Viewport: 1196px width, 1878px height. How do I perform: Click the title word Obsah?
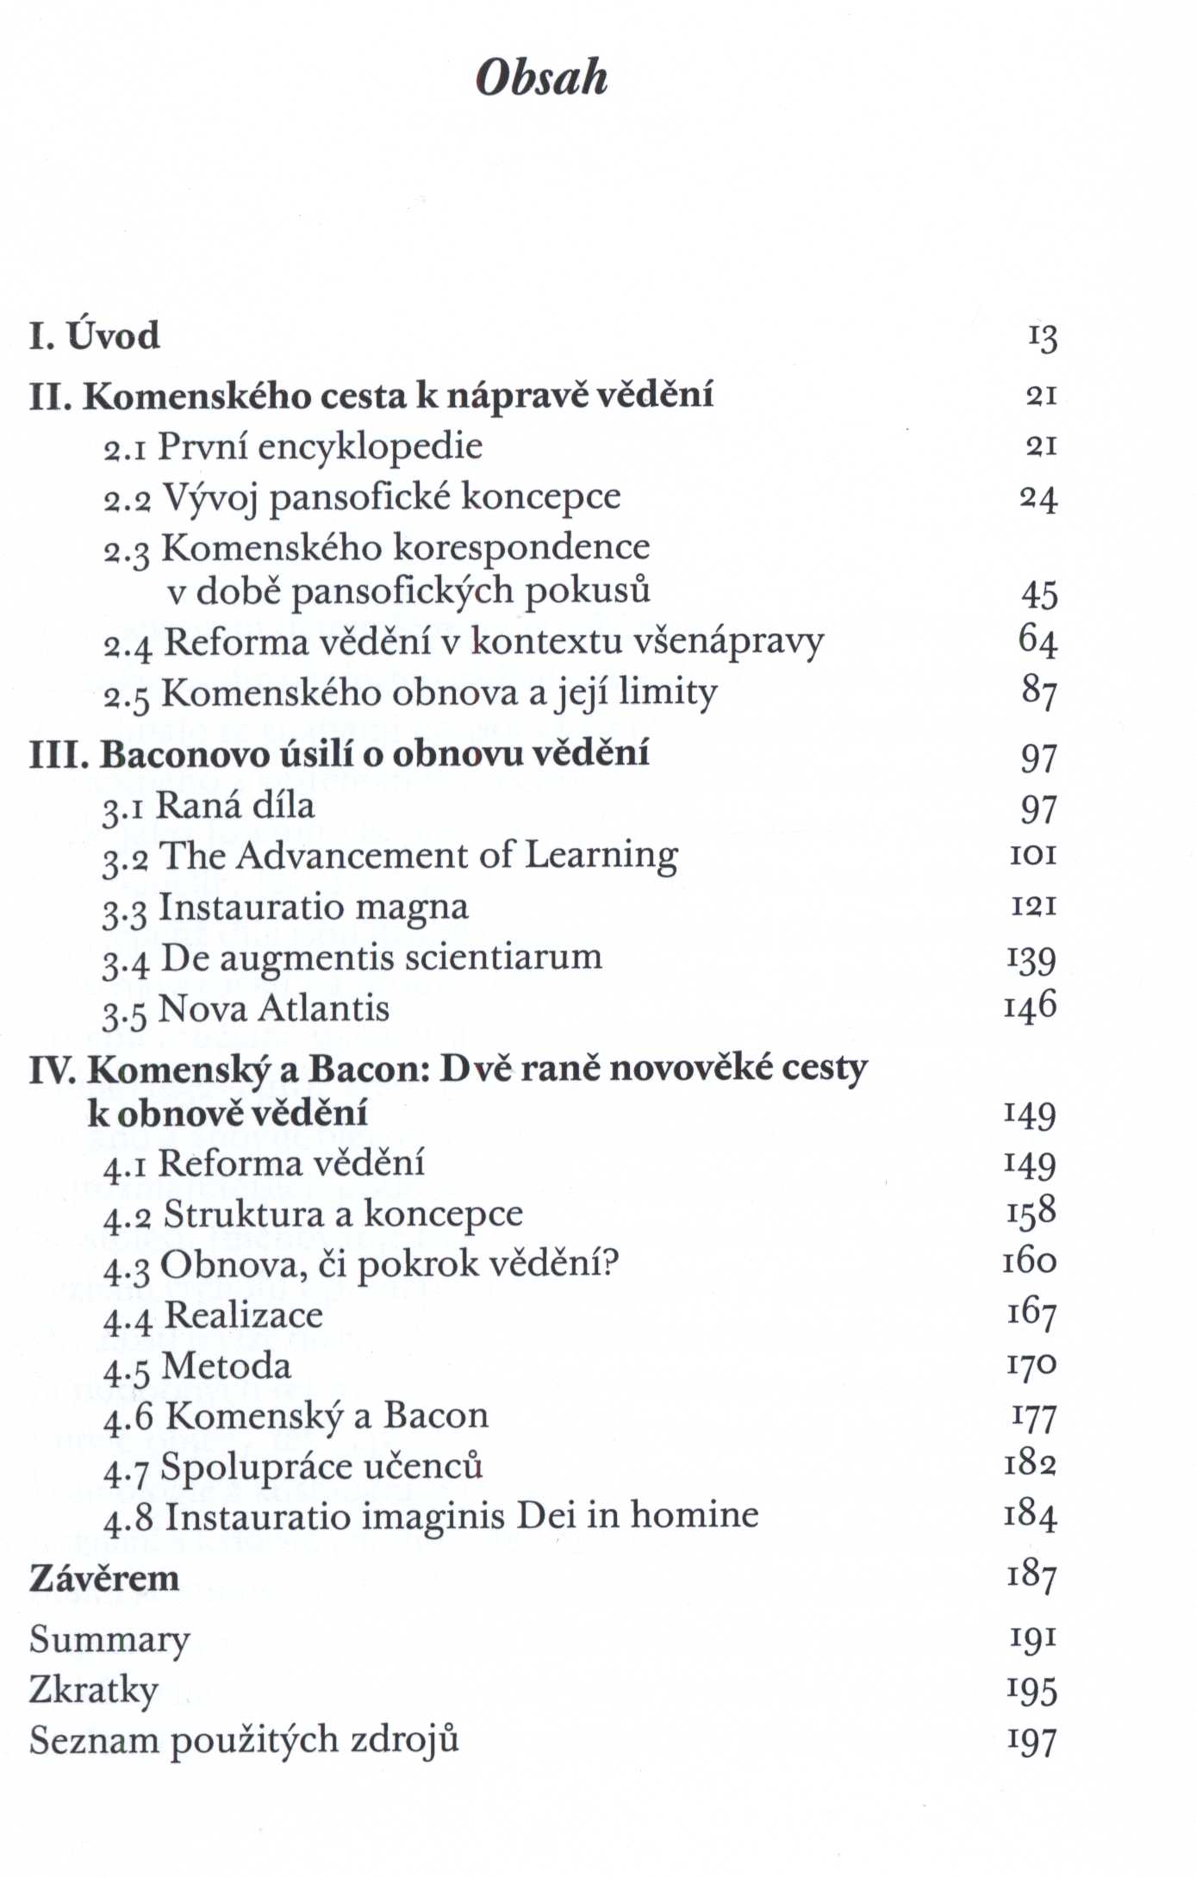point(541,78)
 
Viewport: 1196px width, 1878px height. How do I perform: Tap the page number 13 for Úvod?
point(1042,337)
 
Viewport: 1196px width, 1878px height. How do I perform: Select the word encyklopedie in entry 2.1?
point(370,447)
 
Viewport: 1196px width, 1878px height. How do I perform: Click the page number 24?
point(1038,498)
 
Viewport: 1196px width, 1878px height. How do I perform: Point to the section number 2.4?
point(128,645)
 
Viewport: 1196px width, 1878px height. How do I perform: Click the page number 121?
point(1033,906)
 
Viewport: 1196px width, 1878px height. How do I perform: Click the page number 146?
point(1030,1006)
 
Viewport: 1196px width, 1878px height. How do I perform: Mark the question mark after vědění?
point(610,1264)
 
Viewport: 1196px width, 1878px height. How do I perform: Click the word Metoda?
point(227,1366)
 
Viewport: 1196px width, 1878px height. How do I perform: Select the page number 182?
point(1031,1464)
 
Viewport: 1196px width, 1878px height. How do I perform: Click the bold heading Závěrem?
point(104,1579)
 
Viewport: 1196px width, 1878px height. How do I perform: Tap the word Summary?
point(109,1640)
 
